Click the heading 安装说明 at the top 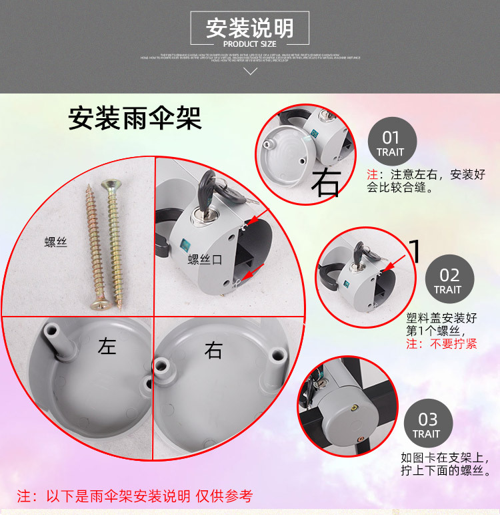(x=250, y=29)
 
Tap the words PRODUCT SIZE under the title (x=250, y=44)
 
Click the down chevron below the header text (x=251, y=71)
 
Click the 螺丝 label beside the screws (x=55, y=243)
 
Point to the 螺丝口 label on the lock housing (x=204, y=259)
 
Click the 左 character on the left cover (x=107, y=347)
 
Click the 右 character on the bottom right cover (x=213, y=350)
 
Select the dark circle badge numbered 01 (x=391, y=142)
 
